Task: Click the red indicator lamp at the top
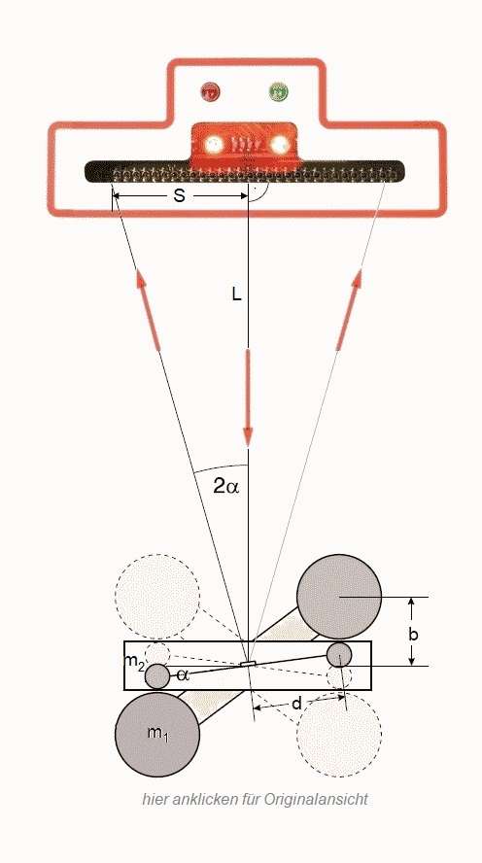(x=209, y=91)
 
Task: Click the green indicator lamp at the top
(x=279, y=91)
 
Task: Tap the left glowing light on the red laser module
(x=214, y=146)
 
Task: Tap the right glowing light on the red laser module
(x=280, y=146)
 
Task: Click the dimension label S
(x=180, y=196)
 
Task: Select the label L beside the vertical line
(x=236, y=295)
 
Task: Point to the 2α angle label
(x=226, y=486)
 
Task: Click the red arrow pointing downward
(x=248, y=397)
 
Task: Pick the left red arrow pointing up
(x=149, y=310)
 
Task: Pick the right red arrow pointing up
(x=349, y=310)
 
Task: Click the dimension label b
(x=413, y=635)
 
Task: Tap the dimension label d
(x=297, y=703)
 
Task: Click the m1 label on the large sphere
(x=158, y=734)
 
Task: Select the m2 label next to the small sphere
(x=134, y=662)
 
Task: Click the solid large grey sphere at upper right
(x=339, y=597)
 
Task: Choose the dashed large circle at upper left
(x=157, y=597)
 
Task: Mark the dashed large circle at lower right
(x=339, y=734)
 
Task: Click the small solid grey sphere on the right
(x=339, y=654)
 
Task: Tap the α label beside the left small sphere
(x=184, y=675)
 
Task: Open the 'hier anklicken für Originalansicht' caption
(x=255, y=799)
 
